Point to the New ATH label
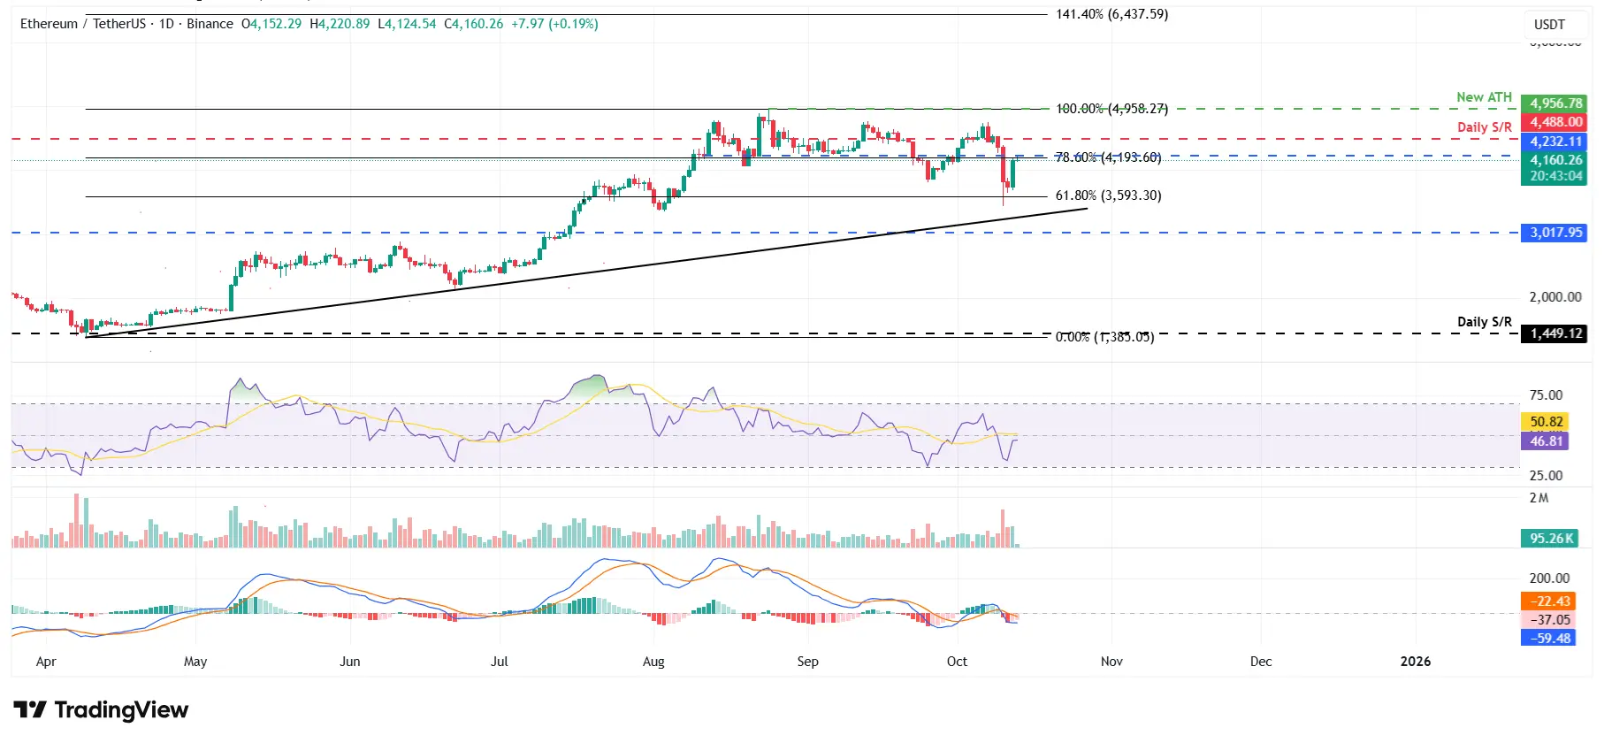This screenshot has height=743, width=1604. [x=1484, y=97]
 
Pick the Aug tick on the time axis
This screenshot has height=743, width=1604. [x=653, y=662]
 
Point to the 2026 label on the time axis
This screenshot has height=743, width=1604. [x=1415, y=662]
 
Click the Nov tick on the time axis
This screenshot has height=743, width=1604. [x=1111, y=662]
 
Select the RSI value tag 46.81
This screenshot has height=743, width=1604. [x=1547, y=441]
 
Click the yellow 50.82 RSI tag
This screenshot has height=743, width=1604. [x=1547, y=422]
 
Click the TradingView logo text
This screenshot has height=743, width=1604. [x=120, y=710]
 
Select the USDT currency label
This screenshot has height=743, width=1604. [x=1548, y=25]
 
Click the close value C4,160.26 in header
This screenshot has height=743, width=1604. [x=474, y=24]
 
